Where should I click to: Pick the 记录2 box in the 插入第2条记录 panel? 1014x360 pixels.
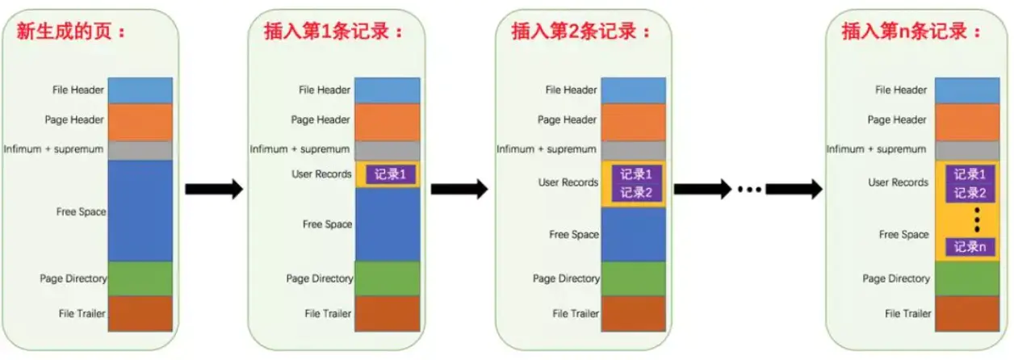pos(636,193)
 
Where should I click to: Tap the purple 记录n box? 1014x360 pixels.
pos(970,247)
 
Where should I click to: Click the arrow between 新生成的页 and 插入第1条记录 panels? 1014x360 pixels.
pos(214,190)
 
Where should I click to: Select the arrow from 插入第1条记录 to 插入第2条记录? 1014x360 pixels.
pos(459,190)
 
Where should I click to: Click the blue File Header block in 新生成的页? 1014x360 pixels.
pos(140,90)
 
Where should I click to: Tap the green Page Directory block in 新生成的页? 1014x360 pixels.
pos(140,278)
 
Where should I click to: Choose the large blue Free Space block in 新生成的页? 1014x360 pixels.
pos(140,211)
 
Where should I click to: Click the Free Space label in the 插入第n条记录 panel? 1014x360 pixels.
pos(903,235)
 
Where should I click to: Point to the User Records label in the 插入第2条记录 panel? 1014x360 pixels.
pos(568,182)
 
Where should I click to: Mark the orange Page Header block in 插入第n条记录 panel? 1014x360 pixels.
pos(966,121)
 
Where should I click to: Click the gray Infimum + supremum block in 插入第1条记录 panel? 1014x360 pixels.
pos(388,150)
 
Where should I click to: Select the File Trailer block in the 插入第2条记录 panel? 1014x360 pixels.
pos(633,313)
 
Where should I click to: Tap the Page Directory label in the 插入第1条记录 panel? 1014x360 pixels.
pos(320,278)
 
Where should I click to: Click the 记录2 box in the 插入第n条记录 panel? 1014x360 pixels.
pos(970,193)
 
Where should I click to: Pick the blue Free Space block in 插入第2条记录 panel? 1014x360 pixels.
pos(633,234)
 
